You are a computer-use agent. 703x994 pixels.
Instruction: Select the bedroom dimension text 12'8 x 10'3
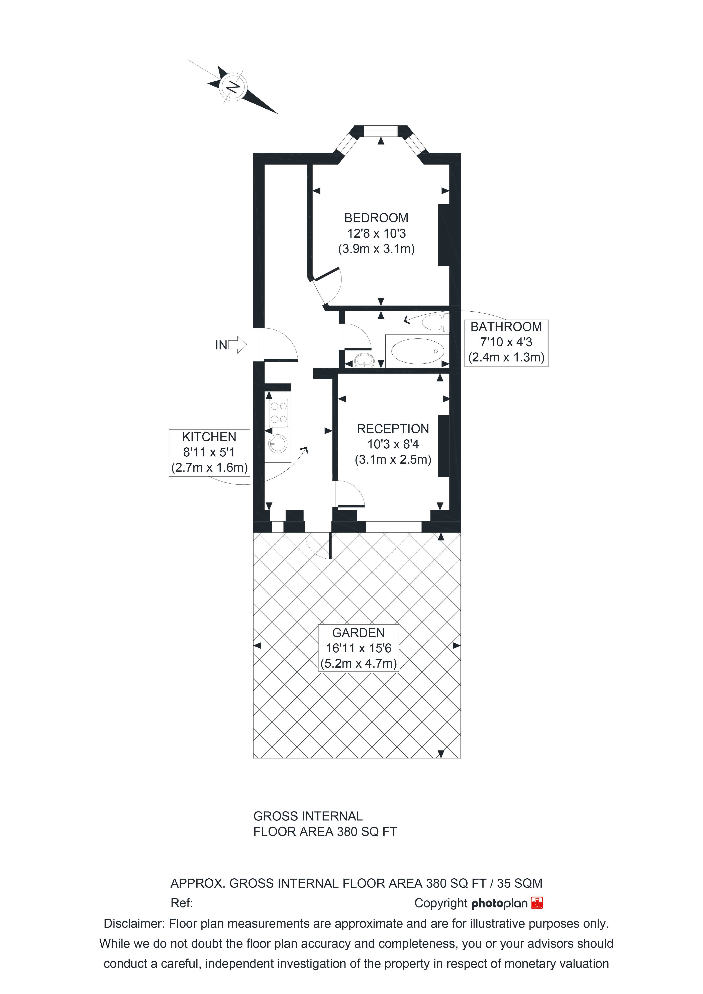pos(376,233)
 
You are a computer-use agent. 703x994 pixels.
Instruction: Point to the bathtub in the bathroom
pos(417,351)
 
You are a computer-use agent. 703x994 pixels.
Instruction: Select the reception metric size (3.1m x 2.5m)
pos(393,459)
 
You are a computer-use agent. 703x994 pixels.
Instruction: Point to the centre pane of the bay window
pos(381,131)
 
